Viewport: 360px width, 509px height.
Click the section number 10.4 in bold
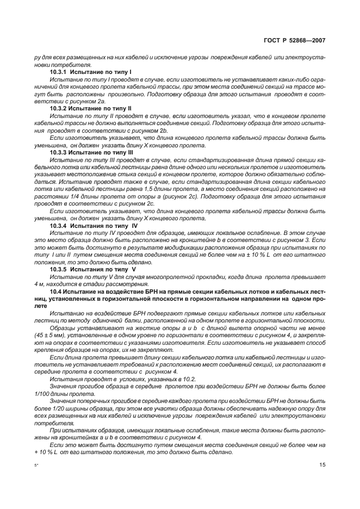click(57, 291)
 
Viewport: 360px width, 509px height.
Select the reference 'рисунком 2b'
click(150, 131)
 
